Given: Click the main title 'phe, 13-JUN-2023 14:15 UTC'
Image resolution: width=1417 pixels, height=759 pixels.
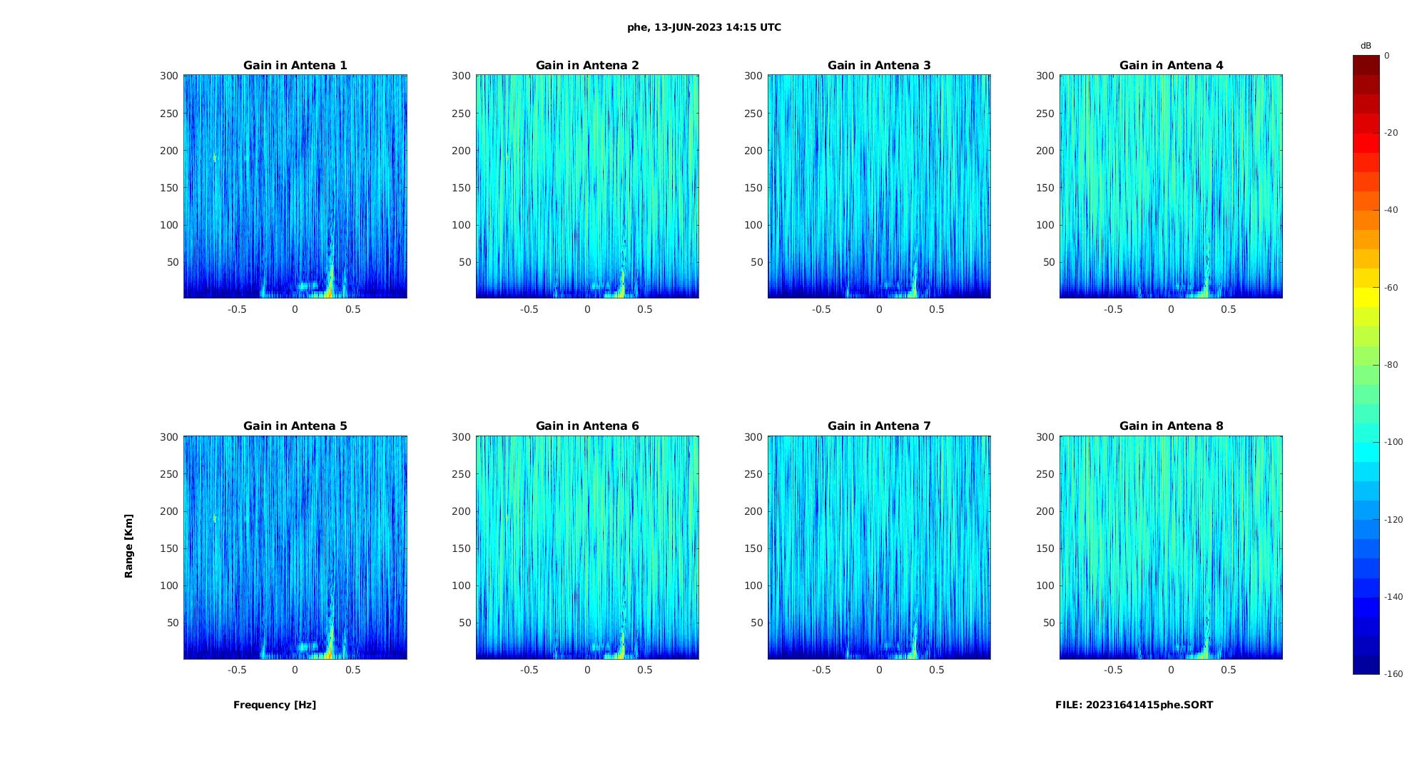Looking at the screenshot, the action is [x=704, y=28].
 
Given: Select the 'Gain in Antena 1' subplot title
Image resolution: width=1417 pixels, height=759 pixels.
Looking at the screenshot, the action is [x=295, y=66].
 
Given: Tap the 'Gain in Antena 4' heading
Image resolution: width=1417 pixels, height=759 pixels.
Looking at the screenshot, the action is [x=1171, y=66].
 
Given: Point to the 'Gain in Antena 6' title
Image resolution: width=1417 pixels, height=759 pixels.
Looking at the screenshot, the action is [x=587, y=426].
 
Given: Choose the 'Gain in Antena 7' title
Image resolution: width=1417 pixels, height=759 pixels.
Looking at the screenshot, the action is [x=879, y=426].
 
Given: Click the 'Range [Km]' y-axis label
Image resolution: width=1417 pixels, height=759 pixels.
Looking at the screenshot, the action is [x=128, y=546].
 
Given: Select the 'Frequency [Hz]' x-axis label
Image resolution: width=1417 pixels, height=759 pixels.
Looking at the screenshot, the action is [x=275, y=705].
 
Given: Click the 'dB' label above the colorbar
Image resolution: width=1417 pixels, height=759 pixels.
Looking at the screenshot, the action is [x=1366, y=46].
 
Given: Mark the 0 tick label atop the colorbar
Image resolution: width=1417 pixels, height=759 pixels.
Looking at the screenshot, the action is [x=1387, y=56].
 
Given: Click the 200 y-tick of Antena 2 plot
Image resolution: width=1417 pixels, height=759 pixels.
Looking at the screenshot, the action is [x=461, y=151].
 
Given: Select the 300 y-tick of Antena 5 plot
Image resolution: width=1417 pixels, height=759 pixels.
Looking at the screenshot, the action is [x=169, y=437].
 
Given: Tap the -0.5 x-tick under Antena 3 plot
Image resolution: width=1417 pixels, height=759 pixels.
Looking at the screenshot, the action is [x=821, y=310].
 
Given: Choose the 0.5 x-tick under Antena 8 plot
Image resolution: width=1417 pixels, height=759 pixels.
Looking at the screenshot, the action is [x=1228, y=670].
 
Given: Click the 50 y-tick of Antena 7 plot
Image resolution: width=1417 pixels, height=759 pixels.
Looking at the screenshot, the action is [x=756, y=623].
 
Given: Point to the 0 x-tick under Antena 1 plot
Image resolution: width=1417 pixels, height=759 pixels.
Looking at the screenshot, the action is [x=295, y=310].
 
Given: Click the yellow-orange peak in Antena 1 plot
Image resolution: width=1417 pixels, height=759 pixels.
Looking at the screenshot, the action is [x=330, y=289].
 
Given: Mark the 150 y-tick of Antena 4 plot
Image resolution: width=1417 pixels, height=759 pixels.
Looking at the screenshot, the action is [x=1045, y=188].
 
